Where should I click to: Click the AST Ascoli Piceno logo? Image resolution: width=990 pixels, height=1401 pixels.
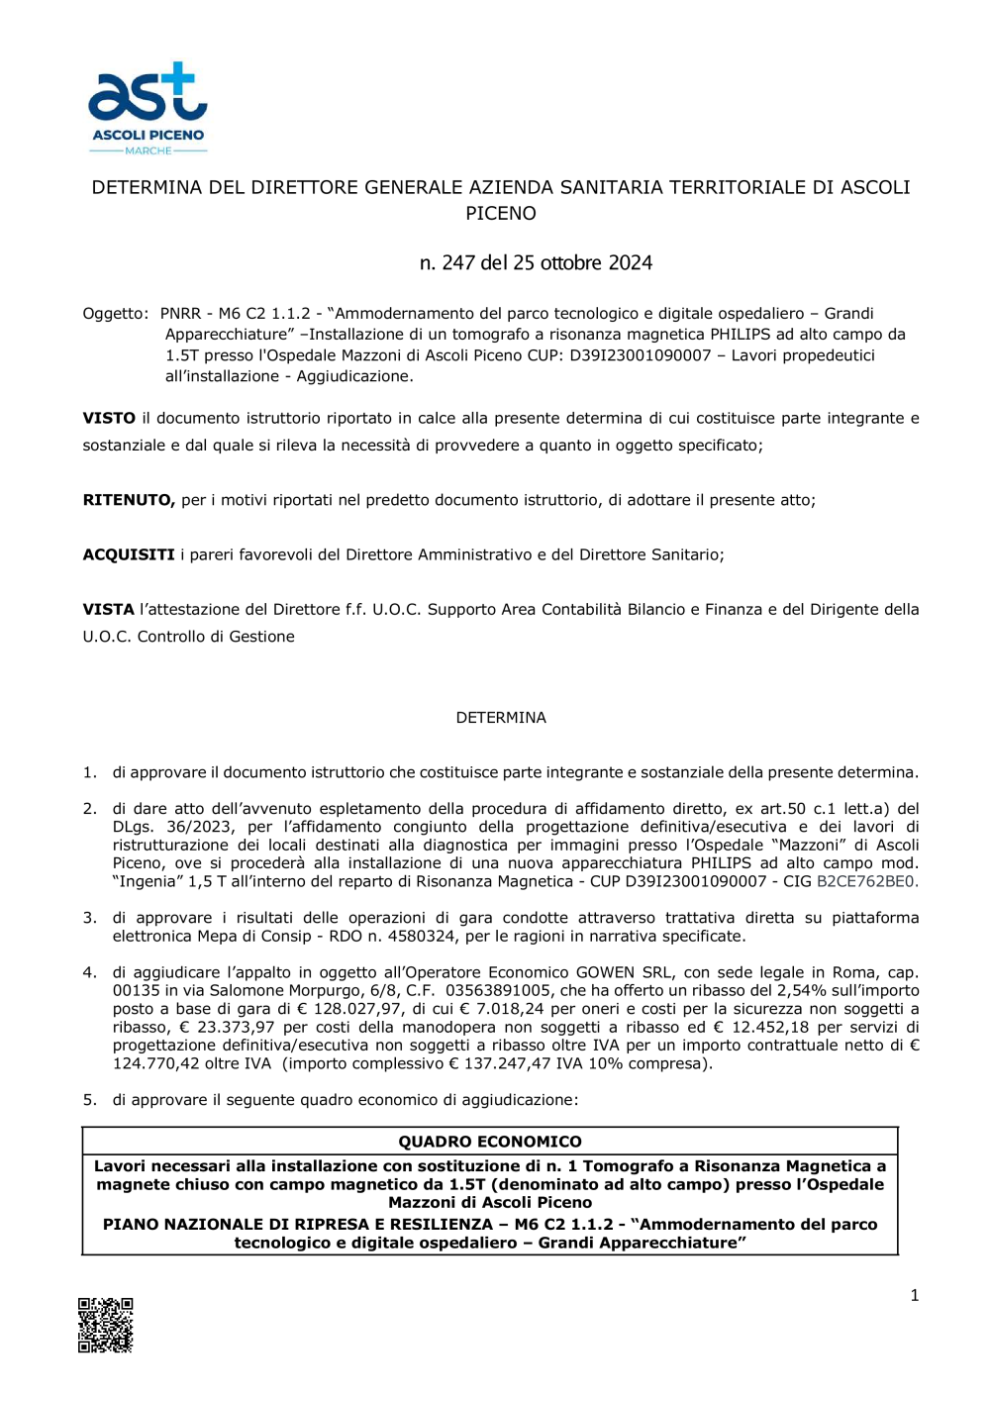148,108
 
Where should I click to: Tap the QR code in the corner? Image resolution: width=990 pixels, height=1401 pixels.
106,1325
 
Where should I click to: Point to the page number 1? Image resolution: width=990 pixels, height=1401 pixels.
914,1295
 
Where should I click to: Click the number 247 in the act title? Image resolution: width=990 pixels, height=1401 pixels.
458,263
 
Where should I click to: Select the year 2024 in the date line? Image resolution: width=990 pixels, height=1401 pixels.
630,263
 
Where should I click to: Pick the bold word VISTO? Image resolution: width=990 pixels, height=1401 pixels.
109,419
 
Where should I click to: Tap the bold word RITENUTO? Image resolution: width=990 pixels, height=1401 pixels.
129,501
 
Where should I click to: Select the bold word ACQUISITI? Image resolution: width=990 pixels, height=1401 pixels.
129,555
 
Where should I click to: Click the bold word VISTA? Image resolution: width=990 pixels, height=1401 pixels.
108,610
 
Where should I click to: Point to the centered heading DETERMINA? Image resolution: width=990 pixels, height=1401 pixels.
501,718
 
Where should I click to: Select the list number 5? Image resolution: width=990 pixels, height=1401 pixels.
89,1100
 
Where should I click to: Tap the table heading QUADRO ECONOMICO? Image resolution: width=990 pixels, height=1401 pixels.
490,1142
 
